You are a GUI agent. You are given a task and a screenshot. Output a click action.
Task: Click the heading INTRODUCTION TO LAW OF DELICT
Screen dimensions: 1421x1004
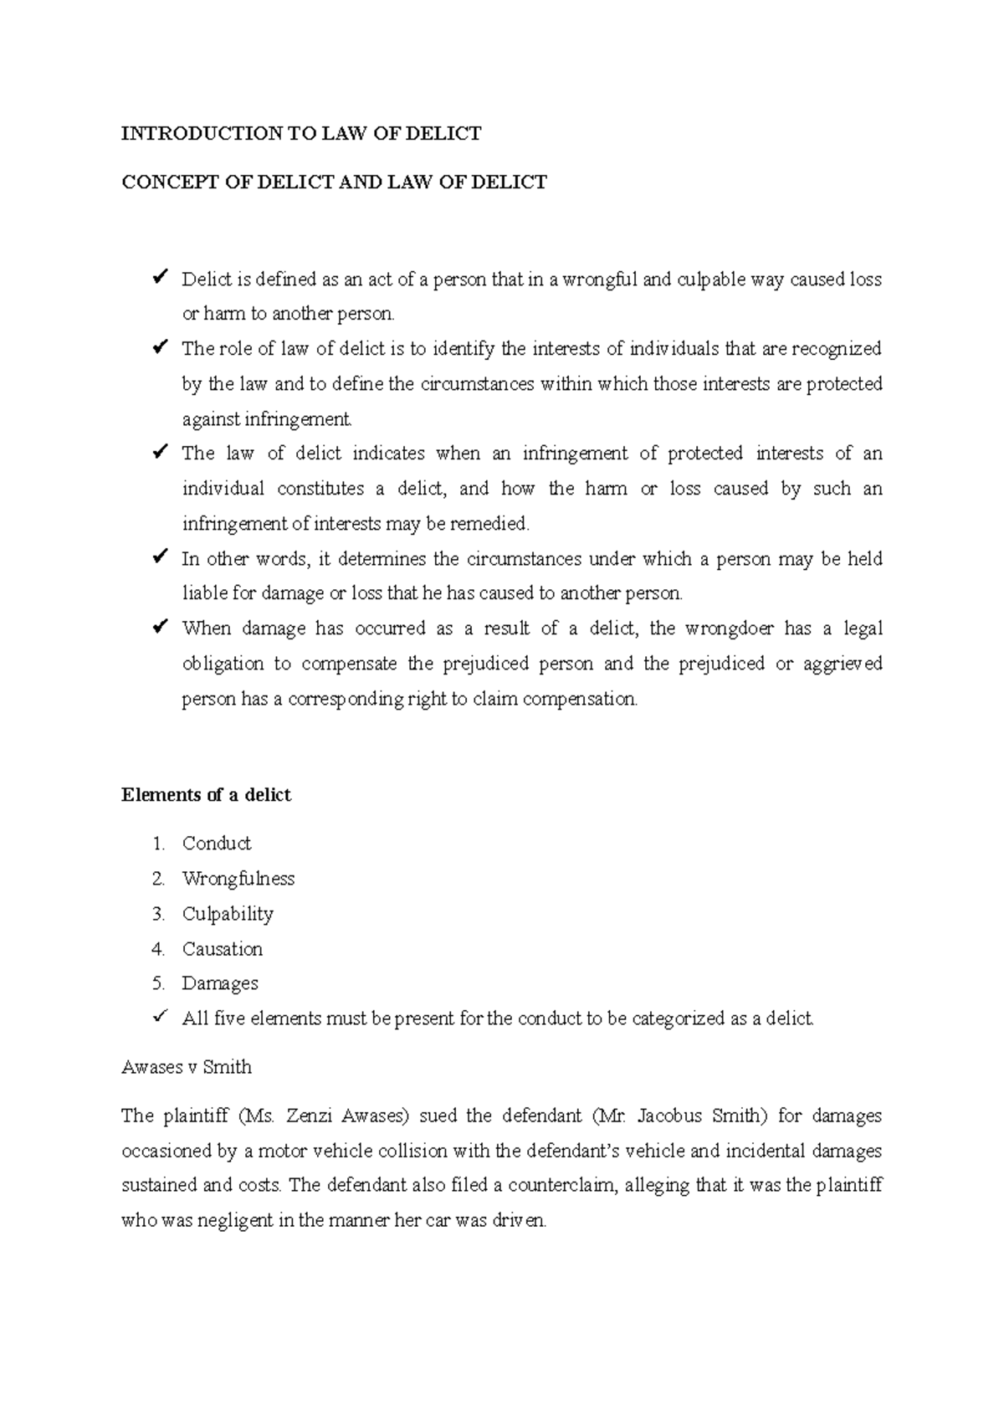(301, 133)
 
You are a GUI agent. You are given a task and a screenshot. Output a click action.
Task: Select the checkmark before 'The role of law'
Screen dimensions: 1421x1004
(160, 346)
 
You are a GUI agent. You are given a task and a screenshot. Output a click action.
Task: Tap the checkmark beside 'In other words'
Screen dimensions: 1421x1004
(160, 557)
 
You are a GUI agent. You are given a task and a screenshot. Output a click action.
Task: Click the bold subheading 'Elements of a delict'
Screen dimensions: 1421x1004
(206, 794)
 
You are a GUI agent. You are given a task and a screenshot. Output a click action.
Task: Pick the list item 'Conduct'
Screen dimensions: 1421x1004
(217, 843)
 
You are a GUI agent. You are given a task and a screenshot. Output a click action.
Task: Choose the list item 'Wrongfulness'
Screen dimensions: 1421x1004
(238, 878)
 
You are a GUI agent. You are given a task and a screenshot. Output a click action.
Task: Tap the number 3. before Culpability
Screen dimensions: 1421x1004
(158, 913)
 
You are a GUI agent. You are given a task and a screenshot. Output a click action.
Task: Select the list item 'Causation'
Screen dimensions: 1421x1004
(223, 948)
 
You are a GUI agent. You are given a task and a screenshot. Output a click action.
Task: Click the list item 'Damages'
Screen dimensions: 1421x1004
(220, 983)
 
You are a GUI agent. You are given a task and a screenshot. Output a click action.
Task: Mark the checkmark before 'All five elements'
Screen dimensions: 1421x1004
(160, 1017)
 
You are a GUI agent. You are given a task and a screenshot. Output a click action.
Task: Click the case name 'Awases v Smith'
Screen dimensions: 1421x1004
(187, 1067)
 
